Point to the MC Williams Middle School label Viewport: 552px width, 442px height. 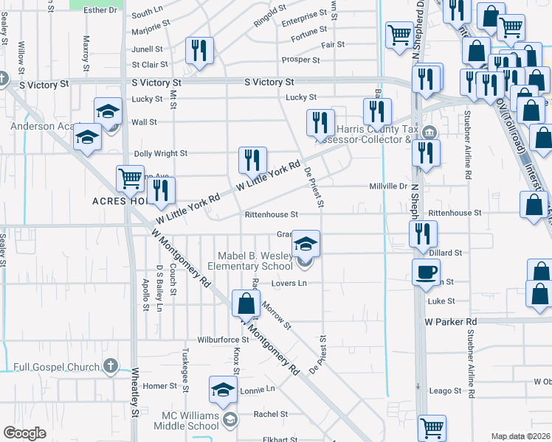[190, 421]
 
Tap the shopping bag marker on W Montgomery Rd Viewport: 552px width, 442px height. [245, 303]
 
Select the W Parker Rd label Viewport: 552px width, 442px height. [451, 322]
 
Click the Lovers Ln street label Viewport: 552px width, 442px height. [289, 283]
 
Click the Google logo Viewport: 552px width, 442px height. [25, 433]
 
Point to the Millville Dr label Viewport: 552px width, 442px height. [388, 186]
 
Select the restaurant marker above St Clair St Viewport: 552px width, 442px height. [199, 50]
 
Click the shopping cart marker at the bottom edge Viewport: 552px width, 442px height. [432, 427]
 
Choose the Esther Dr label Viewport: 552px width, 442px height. [100, 10]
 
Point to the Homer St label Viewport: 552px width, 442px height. [160, 386]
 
